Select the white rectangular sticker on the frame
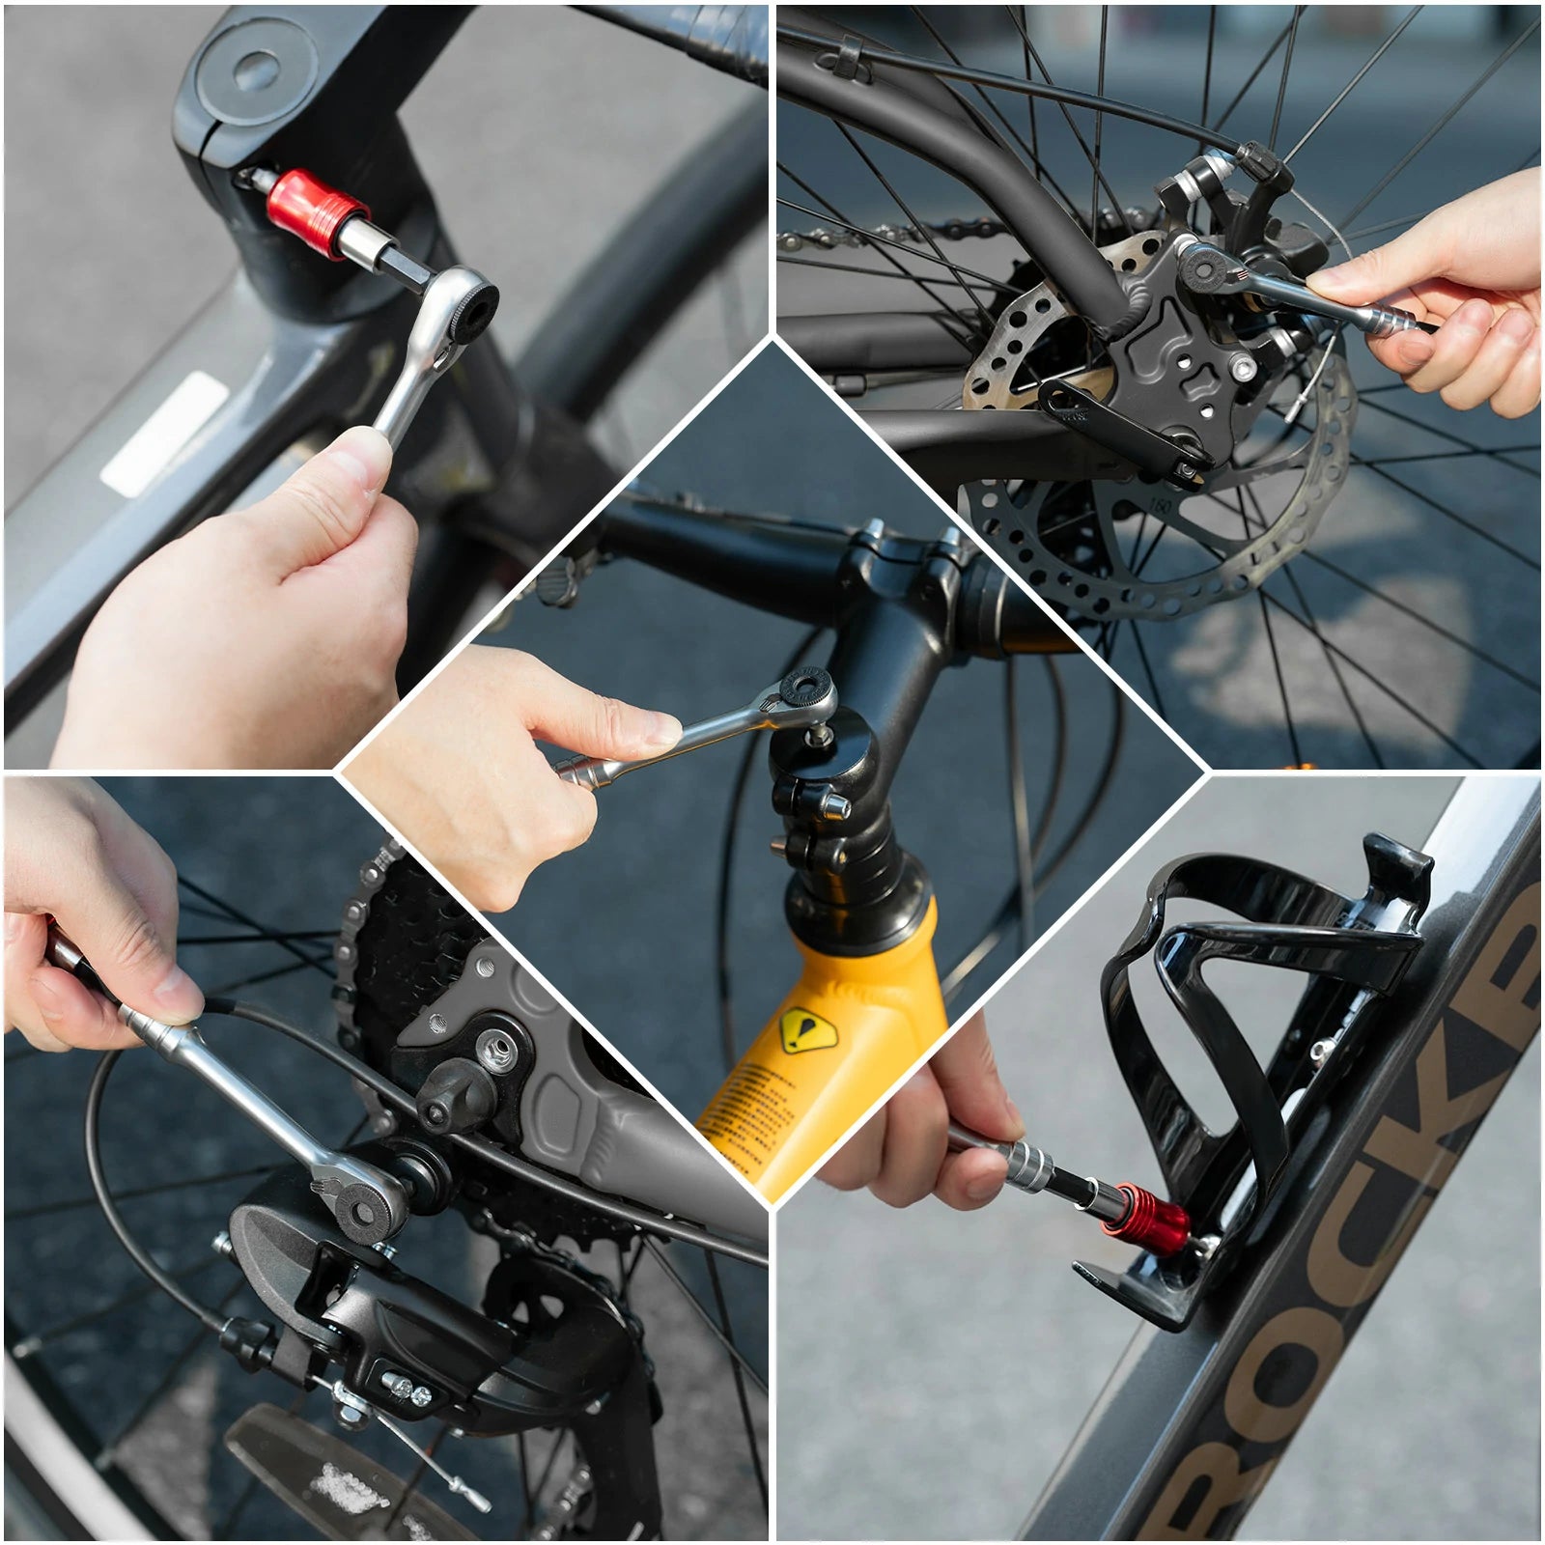[x=164, y=435]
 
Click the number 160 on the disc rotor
[x=1161, y=506]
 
